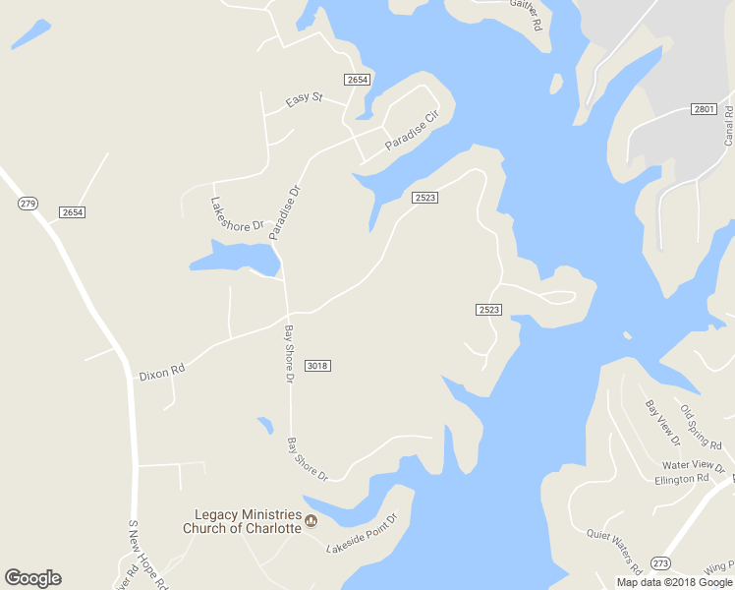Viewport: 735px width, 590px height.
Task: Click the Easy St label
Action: [304, 98]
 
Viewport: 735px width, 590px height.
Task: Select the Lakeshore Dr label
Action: [238, 213]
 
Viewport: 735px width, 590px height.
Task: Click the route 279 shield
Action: [28, 204]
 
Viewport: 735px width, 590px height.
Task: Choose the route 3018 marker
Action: [316, 366]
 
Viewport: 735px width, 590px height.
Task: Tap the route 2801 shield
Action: [703, 108]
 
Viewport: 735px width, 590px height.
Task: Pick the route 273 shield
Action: [660, 562]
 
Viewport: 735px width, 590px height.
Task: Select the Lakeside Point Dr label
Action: [362, 533]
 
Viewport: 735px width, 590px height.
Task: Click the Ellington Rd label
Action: [681, 480]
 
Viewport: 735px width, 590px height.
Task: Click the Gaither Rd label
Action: [526, 14]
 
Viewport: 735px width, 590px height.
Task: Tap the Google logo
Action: [33, 578]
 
